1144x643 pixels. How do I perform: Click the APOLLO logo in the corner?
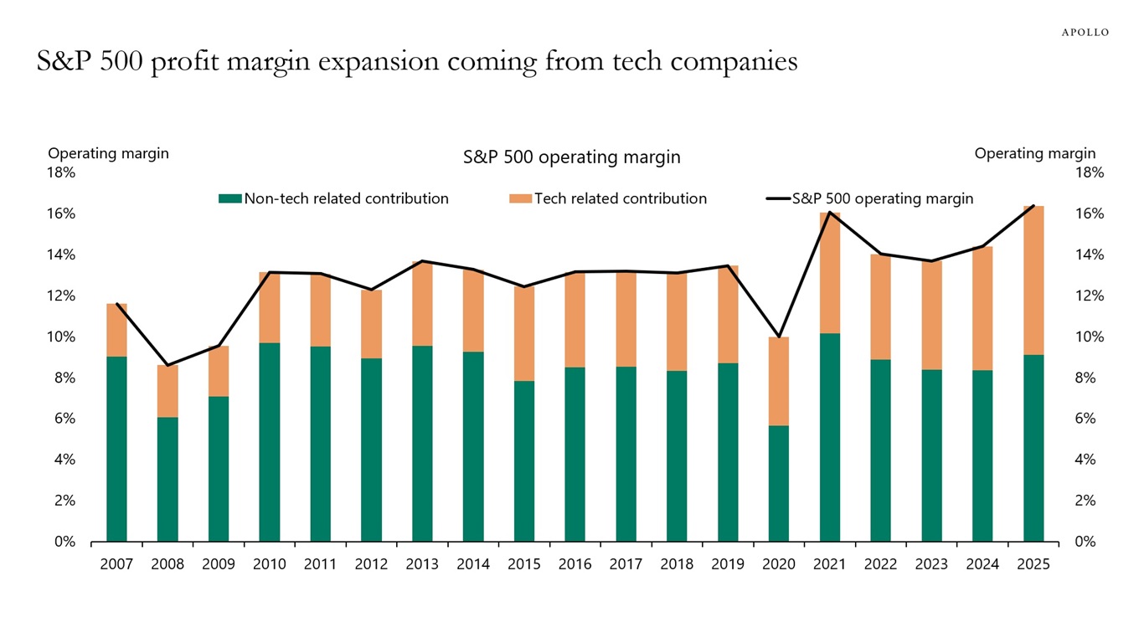coord(1085,32)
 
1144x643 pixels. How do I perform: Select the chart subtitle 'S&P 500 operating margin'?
coord(571,157)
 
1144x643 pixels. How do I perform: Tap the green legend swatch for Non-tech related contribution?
coord(229,199)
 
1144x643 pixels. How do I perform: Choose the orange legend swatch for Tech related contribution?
coord(520,199)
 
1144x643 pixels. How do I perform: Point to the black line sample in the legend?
coord(778,199)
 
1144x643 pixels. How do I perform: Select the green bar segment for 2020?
coord(778,483)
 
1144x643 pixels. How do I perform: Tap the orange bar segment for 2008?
coord(167,391)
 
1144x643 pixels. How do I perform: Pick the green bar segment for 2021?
coord(829,437)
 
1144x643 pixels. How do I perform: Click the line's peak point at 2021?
coord(829,213)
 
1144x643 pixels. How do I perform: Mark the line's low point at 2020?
coord(778,337)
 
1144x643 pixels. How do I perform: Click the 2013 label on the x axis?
coord(422,564)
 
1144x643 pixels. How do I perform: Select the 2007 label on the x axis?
coord(116,564)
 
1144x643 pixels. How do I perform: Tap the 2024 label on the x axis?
coord(982,564)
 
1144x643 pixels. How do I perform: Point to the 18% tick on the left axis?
coord(62,172)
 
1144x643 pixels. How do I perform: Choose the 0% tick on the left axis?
coord(65,542)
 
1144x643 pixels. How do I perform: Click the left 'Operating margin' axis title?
coord(108,153)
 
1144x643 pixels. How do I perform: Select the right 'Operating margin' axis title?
coord(1034,153)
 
